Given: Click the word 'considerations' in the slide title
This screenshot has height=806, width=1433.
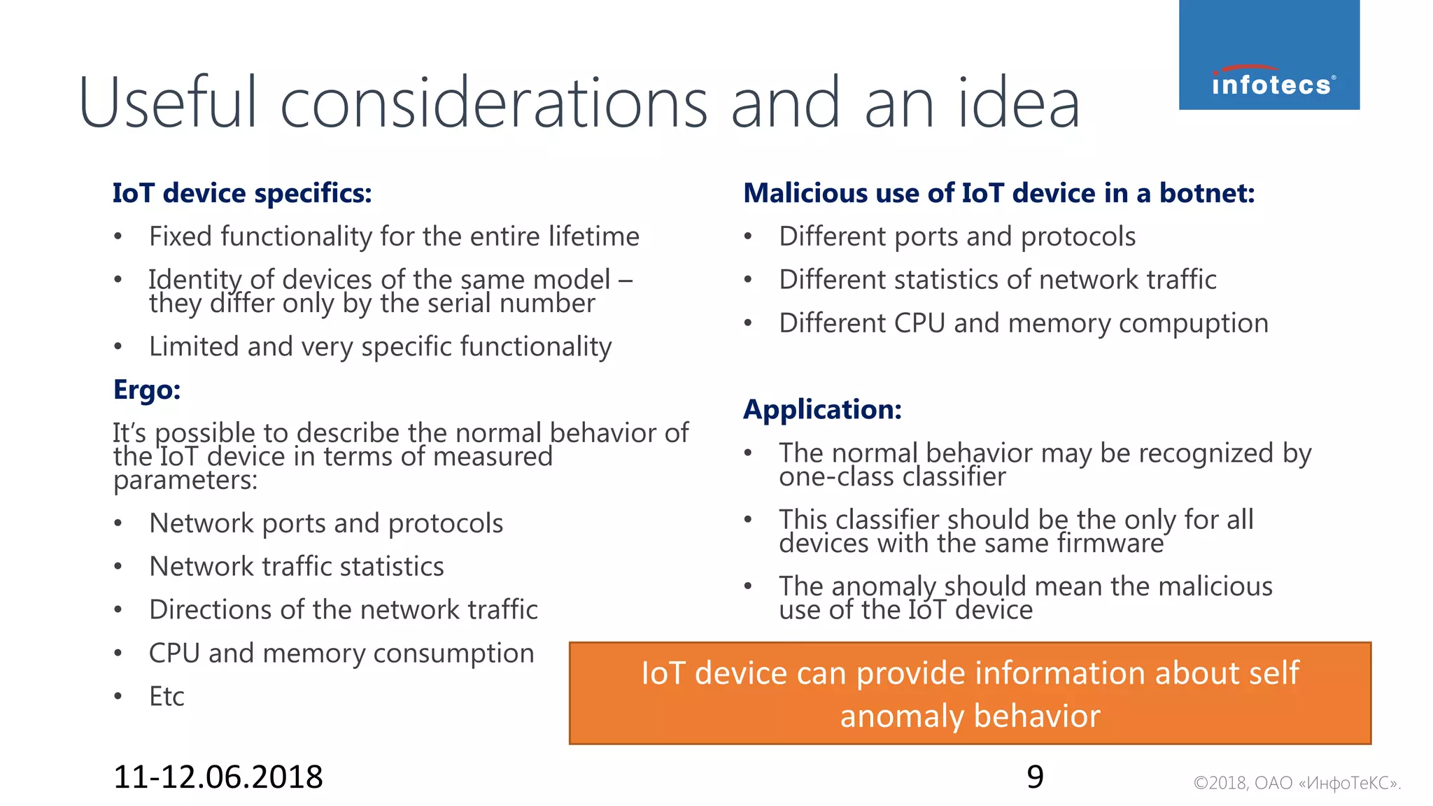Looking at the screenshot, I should (494, 104).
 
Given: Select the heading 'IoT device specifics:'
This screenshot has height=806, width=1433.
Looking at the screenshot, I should (242, 193).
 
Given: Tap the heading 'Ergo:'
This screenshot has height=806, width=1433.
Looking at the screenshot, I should (147, 390).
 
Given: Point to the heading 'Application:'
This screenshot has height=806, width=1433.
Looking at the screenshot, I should (822, 409).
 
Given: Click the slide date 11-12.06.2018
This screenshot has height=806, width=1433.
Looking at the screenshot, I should (218, 777).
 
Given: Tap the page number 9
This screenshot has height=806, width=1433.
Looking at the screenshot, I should (1035, 777).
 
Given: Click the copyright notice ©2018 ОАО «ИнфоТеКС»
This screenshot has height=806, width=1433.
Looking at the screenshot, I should (1297, 783).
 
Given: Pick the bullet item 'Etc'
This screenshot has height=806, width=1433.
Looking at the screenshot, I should (167, 696).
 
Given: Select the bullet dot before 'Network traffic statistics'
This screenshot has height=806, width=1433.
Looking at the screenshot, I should (118, 567).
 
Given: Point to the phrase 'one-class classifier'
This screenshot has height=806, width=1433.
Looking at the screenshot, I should (892, 477).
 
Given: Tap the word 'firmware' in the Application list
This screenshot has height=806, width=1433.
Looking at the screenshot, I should (1110, 544).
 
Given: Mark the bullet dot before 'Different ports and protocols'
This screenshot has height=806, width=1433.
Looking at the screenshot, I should (748, 236).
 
